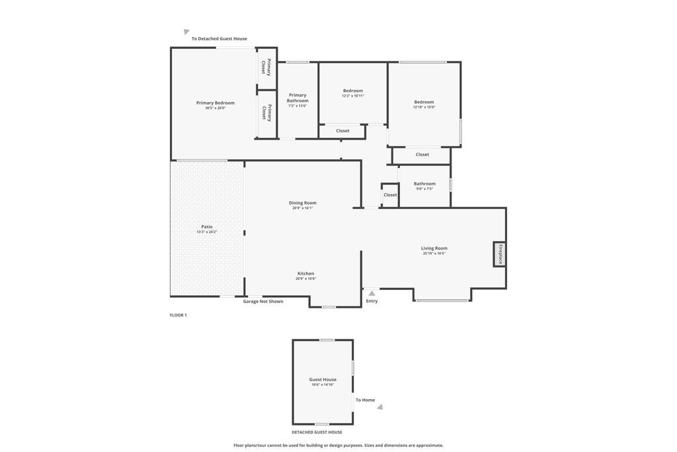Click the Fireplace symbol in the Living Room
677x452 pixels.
point(499,254)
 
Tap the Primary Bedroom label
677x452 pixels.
point(215,103)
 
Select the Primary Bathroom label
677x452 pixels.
point(298,98)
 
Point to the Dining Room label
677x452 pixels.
point(302,203)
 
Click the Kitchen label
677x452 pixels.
point(305,273)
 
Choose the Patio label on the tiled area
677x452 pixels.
point(207,227)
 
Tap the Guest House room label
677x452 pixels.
point(323,380)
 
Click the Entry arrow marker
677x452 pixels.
point(372,293)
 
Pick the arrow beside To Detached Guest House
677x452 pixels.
point(186,32)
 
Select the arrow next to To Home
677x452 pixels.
point(380,407)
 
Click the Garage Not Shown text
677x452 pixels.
point(263,302)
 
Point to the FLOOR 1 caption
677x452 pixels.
point(179,316)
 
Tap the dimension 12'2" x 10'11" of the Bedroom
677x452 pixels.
point(353,96)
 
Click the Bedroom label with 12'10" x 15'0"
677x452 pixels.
point(424,102)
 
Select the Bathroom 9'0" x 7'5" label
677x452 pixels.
point(424,184)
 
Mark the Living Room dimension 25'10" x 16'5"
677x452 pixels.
point(434,253)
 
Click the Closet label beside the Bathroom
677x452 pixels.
point(390,195)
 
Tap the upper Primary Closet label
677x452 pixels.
point(266,68)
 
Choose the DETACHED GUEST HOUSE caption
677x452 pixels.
point(317,432)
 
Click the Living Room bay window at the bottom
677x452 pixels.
point(442,300)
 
